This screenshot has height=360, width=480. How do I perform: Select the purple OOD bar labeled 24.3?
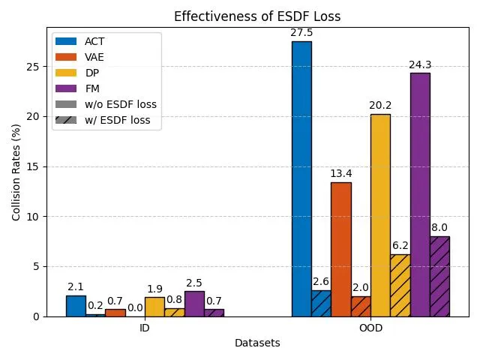[420, 194]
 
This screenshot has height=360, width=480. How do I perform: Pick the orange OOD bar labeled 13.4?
[341, 249]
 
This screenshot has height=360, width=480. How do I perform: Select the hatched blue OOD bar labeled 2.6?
[321, 303]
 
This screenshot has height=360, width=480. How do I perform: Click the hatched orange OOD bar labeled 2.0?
[361, 306]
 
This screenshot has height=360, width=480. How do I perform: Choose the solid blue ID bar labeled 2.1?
[76, 306]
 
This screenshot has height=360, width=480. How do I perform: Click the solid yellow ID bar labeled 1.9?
[154, 307]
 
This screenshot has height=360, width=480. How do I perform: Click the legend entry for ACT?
[94, 41]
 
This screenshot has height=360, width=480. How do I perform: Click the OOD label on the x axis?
[370, 328]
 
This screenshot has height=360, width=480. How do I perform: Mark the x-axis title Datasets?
[257, 343]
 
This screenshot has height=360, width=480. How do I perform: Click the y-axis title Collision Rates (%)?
[16, 172]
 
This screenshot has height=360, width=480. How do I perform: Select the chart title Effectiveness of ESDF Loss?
[257, 16]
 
